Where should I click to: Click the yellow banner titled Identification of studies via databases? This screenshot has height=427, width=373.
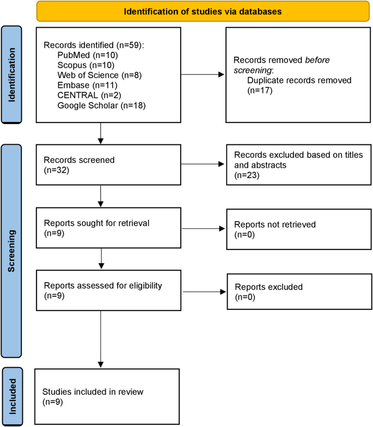click(203, 11)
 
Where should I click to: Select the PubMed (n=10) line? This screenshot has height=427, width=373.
click(87, 54)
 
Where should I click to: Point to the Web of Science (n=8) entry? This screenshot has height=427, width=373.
click(100, 75)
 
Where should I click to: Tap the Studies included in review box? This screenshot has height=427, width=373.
click(107, 396)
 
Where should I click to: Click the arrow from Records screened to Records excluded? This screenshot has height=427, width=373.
click(203, 163)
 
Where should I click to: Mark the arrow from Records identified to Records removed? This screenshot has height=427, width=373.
click(203, 75)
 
